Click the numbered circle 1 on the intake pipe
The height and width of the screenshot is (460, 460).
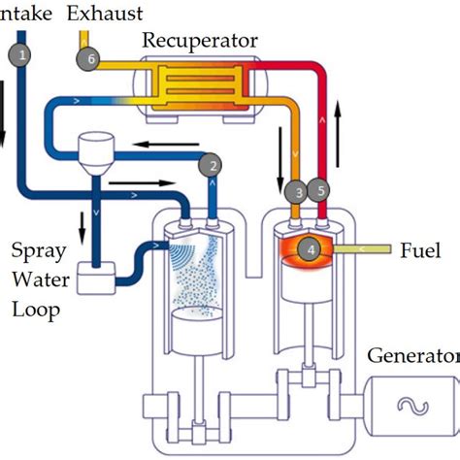click(21, 55)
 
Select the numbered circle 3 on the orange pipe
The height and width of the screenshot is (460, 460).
click(300, 191)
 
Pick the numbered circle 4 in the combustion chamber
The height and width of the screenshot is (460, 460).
click(310, 249)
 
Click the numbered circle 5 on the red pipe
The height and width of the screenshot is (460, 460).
click(322, 191)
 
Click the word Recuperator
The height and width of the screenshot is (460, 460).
click(200, 40)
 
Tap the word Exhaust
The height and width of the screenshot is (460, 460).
click(106, 13)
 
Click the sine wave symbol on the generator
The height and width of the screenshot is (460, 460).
click(427, 404)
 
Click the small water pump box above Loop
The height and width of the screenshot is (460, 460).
click(94, 280)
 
